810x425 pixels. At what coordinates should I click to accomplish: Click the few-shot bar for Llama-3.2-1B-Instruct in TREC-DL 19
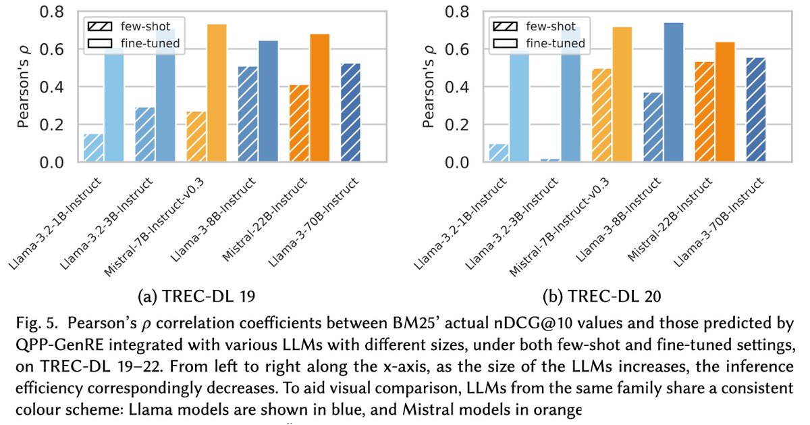[x=94, y=148]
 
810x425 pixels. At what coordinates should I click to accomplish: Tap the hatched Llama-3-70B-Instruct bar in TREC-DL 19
[x=350, y=113]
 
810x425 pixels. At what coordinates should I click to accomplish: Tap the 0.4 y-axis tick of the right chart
[x=461, y=88]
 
